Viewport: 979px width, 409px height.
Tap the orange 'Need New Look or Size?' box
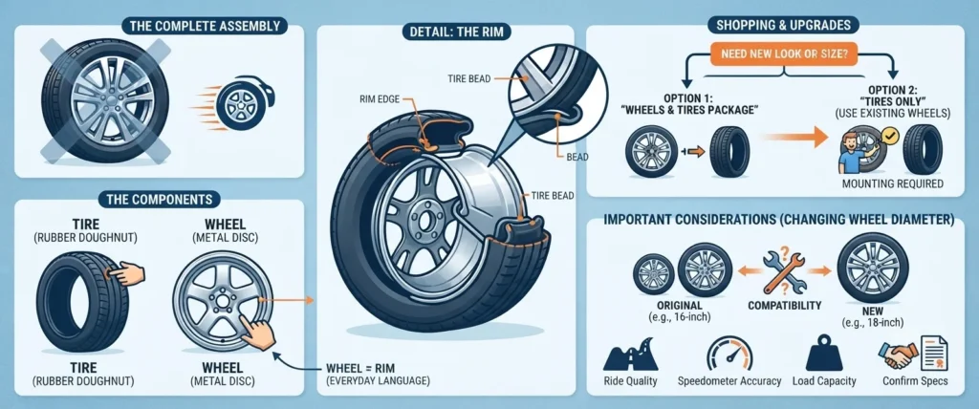tap(784, 54)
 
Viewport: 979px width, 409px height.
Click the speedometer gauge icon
tap(729, 354)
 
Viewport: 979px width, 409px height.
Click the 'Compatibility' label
tap(784, 306)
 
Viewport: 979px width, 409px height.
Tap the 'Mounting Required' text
tap(892, 183)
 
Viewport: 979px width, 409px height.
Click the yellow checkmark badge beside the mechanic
tap(888, 134)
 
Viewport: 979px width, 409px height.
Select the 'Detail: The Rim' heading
tap(446, 32)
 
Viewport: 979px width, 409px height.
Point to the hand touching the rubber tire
tap(127, 274)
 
